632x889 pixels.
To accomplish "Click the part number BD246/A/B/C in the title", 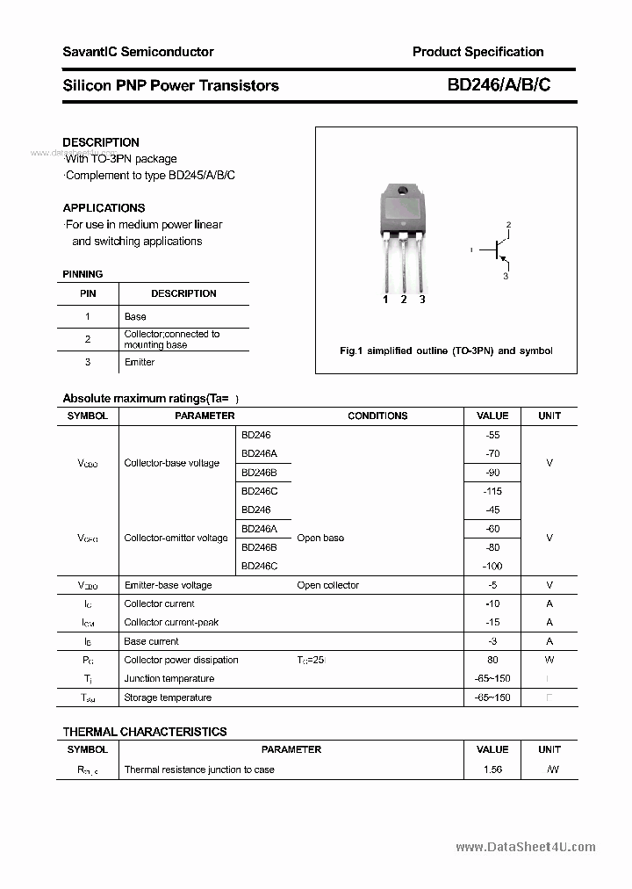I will pos(499,85).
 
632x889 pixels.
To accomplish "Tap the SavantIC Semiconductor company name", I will pos(138,52).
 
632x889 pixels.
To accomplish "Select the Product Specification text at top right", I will pos(478,52).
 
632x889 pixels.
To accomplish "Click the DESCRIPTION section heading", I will pos(101,142).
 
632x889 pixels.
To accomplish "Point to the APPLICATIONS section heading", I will pos(104,208).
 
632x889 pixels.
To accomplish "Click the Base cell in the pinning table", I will pos(135,316).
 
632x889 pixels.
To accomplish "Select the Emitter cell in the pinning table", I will pos(140,362).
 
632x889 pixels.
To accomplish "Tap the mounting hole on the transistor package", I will pos(403,191).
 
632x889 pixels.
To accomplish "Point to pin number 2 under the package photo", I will pos(404,300).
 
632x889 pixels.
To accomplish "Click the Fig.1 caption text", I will pos(446,351).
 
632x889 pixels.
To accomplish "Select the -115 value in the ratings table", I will pos(492,491).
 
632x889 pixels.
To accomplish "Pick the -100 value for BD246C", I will pos(492,567).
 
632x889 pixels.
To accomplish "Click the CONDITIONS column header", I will pos(377,416).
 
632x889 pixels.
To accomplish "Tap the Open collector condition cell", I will pos(327,585).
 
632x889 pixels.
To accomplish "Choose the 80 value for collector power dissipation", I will pos(492,660).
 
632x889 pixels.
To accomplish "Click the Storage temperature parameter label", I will pos(168,697).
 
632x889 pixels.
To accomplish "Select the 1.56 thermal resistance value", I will pos(492,770).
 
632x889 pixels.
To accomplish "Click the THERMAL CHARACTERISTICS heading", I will pos(145,732).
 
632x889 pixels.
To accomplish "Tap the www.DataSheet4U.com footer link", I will pos(525,847).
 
